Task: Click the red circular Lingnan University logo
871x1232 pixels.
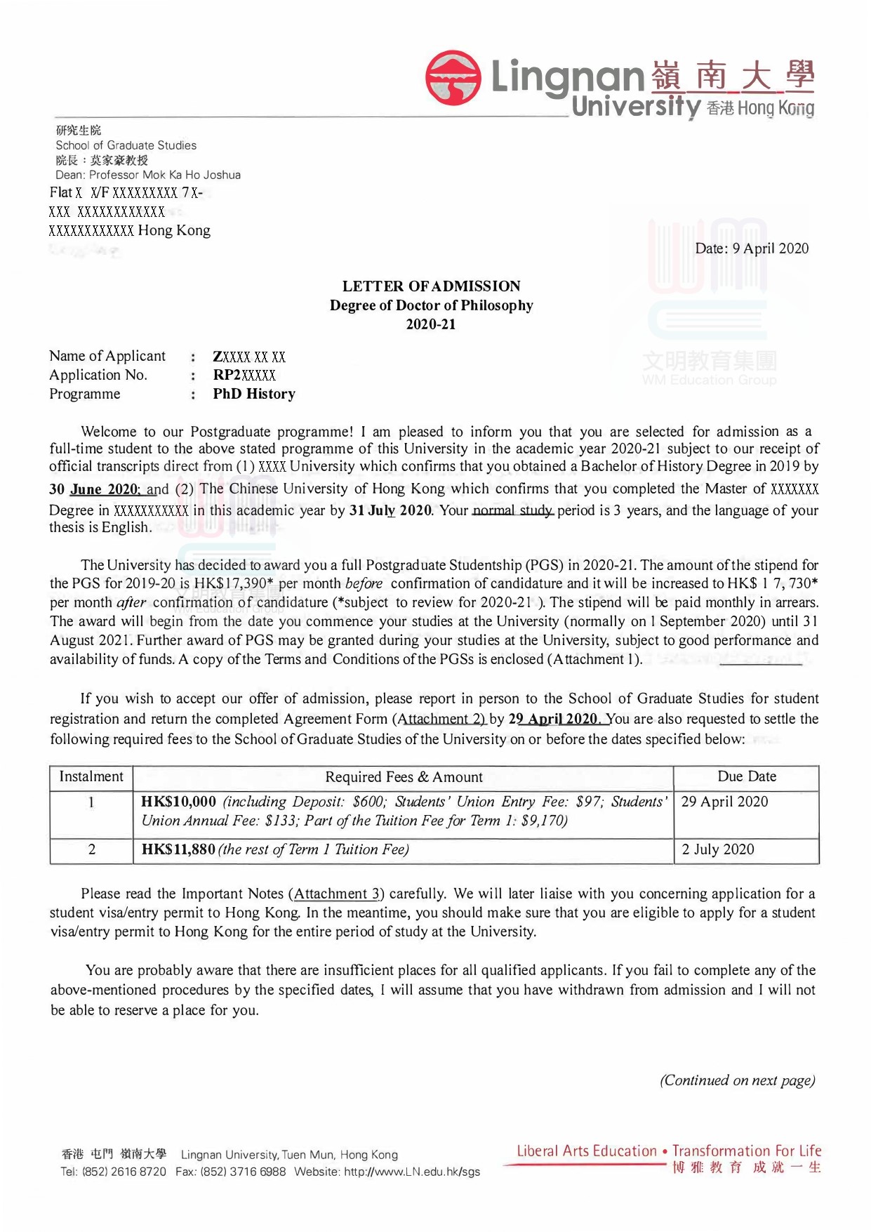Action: tap(453, 77)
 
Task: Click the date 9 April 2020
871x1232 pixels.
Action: tap(770, 249)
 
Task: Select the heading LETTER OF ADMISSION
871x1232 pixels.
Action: tap(431, 286)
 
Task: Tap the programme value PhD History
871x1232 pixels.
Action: tap(254, 394)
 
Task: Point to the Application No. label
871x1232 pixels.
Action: tap(98, 375)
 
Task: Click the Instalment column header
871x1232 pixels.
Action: tap(91, 776)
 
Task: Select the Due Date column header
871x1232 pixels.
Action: tap(747, 776)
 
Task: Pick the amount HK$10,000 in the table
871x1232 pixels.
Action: tap(179, 802)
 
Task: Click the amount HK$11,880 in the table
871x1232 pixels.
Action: tap(178, 849)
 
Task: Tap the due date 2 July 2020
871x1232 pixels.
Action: tap(718, 849)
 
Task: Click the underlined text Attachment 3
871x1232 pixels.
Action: tap(338, 894)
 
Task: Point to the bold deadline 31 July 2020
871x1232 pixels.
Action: tap(390, 510)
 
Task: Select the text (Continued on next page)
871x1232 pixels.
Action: tap(737, 1080)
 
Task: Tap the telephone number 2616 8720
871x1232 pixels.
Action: tap(138, 1172)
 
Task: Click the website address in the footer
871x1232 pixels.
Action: tap(412, 1172)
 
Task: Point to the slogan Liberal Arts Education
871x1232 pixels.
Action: tap(587, 1151)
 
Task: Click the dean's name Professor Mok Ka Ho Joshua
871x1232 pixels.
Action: tap(165, 175)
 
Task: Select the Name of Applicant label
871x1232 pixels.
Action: tap(107, 356)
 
